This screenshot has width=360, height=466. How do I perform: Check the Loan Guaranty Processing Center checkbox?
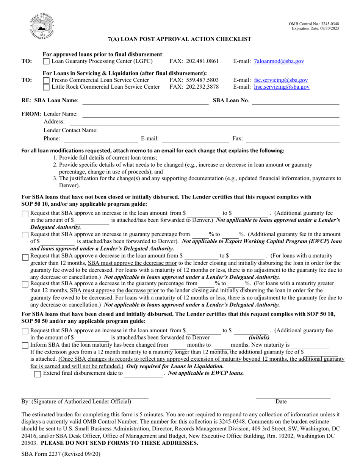[x=46, y=61]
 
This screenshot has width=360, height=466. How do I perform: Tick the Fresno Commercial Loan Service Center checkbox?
[x=46, y=80]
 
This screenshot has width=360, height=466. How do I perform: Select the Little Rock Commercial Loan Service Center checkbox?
[x=46, y=87]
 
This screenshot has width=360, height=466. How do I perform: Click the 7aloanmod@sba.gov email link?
[x=279, y=61]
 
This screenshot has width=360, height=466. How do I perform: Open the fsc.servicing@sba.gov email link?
[x=281, y=80]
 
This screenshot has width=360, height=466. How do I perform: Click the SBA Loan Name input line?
[x=144, y=103]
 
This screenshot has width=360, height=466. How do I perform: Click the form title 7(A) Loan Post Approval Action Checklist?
[x=180, y=39]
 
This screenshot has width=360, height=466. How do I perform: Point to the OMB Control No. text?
[x=314, y=24]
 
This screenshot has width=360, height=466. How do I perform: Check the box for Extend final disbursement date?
[x=38, y=374]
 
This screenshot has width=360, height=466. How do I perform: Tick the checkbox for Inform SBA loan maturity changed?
[x=25, y=345]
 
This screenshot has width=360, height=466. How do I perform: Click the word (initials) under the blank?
[x=259, y=337]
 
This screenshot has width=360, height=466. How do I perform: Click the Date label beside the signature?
[x=281, y=402]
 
